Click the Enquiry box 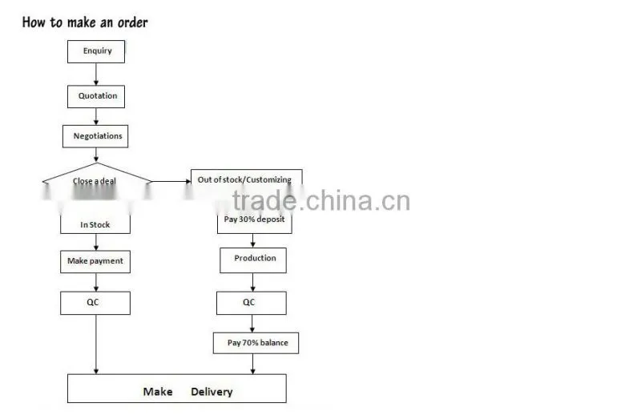[x=96, y=51]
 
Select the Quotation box [x=96, y=96]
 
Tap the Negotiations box [x=95, y=136]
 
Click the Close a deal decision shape [x=97, y=181]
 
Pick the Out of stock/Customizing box [x=247, y=180]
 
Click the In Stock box [x=95, y=224]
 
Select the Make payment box [x=95, y=262]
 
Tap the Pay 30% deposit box [x=254, y=222]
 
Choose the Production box [x=253, y=260]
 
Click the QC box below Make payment [x=95, y=303]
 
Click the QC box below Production [x=252, y=303]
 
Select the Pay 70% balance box [x=256, y=343]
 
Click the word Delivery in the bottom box [x=212, y=392]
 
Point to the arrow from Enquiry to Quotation [x=96, y=74]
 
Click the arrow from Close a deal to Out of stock [x=171, y=181]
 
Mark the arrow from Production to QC [x=252, y=283]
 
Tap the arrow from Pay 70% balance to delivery [x=252, y=364]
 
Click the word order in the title [x=133, y=22]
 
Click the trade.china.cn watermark [x=321, y=200]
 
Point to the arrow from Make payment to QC [x=96, y=283]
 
